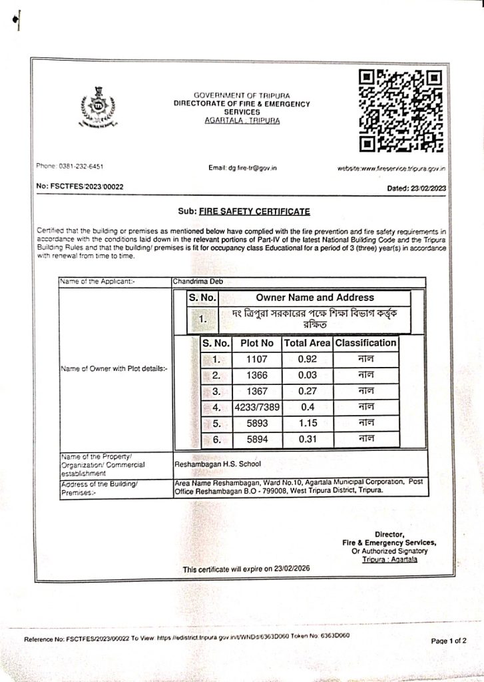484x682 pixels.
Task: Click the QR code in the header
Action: pos(401,109)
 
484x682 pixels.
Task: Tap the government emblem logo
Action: pos(99,106)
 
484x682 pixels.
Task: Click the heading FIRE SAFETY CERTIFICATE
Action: pos(254,212)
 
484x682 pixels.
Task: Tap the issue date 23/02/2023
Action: pos(429,188)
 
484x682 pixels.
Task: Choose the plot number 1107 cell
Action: pos(257,360)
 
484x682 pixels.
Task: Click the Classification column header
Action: pos(365,343)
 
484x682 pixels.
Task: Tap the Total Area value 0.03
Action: pos(307,376)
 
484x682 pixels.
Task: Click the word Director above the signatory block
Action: pos(389,534)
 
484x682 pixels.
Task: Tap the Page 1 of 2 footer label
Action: pos(449,640)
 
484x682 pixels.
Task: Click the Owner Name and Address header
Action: pos(315,298)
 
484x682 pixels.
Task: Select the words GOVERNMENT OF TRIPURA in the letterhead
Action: pos(242,97)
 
